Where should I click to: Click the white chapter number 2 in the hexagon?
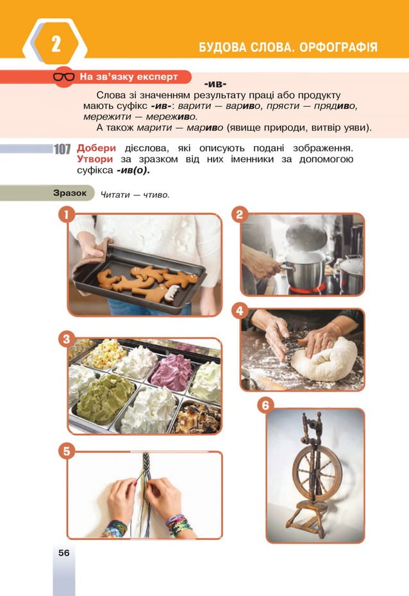56,45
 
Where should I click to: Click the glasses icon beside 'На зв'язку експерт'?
63,77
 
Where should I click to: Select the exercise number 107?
62,149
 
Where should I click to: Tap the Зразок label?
70,193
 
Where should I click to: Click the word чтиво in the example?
156,195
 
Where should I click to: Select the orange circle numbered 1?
65,214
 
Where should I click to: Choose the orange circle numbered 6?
265,405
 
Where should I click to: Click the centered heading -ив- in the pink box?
215,85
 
